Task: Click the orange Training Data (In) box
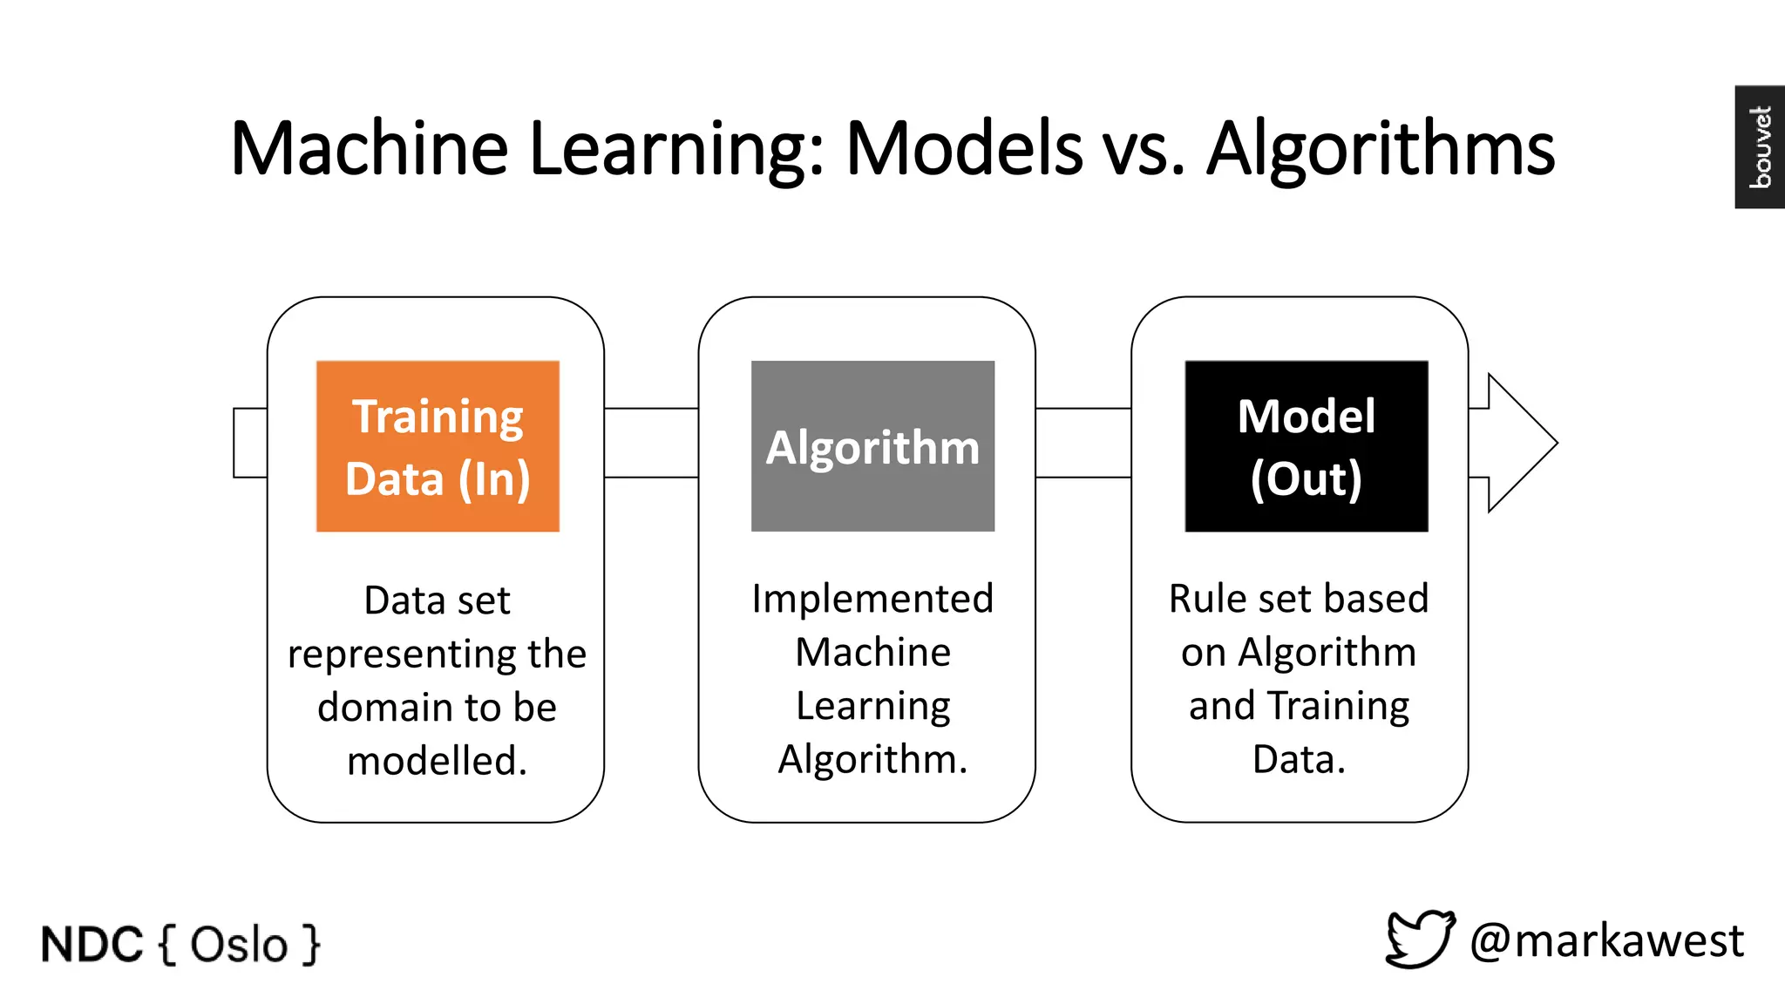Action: point(438,446)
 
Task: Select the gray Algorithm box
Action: point(872,446)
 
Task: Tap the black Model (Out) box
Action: point(1306,446)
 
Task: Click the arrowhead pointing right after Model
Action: point(1520,443)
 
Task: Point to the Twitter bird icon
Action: point(1421,940)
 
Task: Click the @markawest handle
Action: point(1606,941)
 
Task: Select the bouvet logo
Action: point(1760,146)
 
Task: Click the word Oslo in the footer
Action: point(239,945)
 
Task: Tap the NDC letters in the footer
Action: point(92,945)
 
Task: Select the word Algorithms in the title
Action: point(1381,150)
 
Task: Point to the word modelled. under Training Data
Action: point(437,760)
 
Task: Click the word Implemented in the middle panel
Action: point(872,599)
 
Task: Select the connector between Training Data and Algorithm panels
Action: point(651,443)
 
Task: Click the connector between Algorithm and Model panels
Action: point(1083,443)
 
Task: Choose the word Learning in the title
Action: point(675,150)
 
